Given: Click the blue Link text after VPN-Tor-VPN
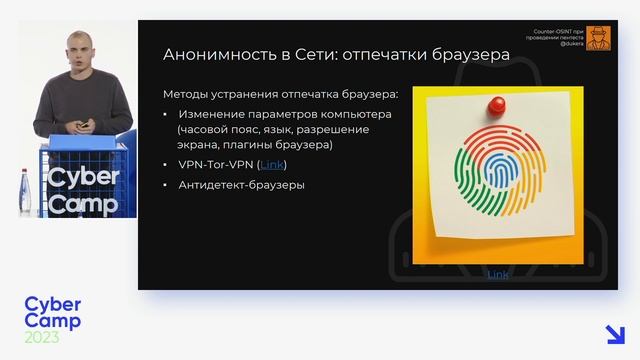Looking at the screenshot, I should [273, 164].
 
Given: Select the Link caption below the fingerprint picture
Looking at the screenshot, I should [497, 274].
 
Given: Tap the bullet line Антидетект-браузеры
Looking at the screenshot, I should [241, 185].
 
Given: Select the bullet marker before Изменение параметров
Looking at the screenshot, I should [167, 115].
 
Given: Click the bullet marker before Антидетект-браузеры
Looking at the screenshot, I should [167, 185].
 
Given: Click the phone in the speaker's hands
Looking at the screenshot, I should [84, 126].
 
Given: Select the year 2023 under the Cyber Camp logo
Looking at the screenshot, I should [42, 338].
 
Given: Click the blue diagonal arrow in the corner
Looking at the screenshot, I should [615, 334].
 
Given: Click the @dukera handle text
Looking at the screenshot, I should [570, 45].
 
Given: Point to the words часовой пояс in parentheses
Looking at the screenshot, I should [206, 130].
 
